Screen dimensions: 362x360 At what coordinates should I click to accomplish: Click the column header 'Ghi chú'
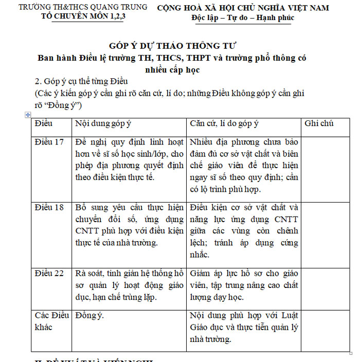319,123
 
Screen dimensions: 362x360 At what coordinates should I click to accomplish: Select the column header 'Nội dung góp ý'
103,123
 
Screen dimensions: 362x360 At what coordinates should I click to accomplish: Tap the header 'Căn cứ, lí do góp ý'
224,123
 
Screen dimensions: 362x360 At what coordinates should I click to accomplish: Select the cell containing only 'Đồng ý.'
89,315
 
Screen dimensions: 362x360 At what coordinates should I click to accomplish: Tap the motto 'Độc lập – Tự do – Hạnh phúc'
243,18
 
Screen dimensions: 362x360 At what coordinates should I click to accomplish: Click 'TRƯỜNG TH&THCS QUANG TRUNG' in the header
82,7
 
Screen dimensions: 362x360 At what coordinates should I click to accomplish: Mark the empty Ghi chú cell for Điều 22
325,285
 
